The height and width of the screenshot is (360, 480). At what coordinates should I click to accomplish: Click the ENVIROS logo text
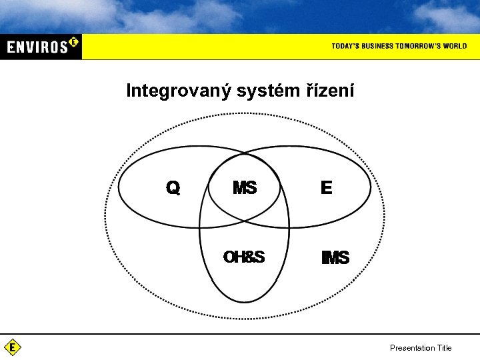coord(37,47)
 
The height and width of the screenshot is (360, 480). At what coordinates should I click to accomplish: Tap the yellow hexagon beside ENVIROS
coord(73,42)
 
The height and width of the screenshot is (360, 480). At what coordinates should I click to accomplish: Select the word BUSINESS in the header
coord(379,46)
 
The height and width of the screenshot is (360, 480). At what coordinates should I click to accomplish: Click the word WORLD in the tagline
coord(455,46)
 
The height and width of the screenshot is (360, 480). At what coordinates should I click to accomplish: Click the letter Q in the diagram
coord(173,189)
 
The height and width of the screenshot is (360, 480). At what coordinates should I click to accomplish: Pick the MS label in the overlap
coord(245,189)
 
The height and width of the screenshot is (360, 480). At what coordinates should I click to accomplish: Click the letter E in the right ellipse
coord(326,189)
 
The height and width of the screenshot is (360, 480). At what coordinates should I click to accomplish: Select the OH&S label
coord(244,257)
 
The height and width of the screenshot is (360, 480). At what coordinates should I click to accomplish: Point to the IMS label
coord(335,258)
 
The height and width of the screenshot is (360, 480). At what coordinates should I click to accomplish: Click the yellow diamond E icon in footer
coord(13,347)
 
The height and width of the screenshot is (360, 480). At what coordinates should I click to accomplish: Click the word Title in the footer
coord(444,348)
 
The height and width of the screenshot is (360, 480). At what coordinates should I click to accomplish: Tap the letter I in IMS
coord(323,258)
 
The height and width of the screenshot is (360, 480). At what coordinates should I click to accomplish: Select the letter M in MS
coord(240,189)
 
